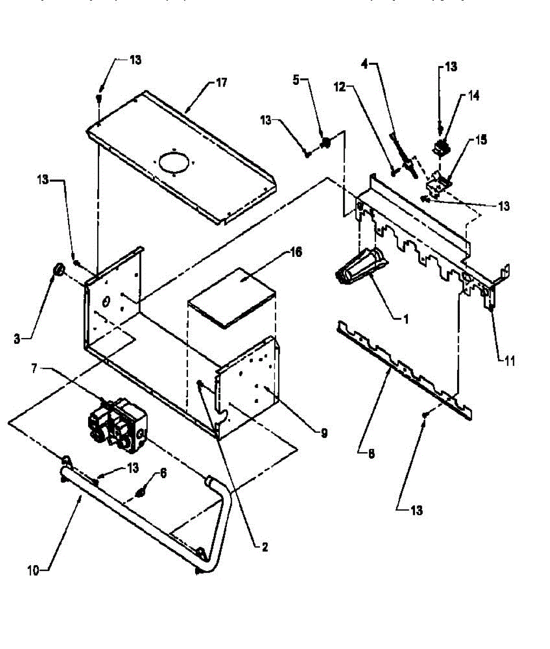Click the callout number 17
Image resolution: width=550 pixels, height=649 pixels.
221,83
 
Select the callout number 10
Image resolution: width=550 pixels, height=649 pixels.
33,570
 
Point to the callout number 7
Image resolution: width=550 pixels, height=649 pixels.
34,368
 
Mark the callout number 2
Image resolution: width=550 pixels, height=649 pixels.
264,547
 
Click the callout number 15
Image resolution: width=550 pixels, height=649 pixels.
480,140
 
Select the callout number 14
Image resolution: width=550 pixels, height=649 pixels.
473,96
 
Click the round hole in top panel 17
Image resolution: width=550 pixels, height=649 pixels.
175,161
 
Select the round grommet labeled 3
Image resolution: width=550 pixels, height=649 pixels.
58,269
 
